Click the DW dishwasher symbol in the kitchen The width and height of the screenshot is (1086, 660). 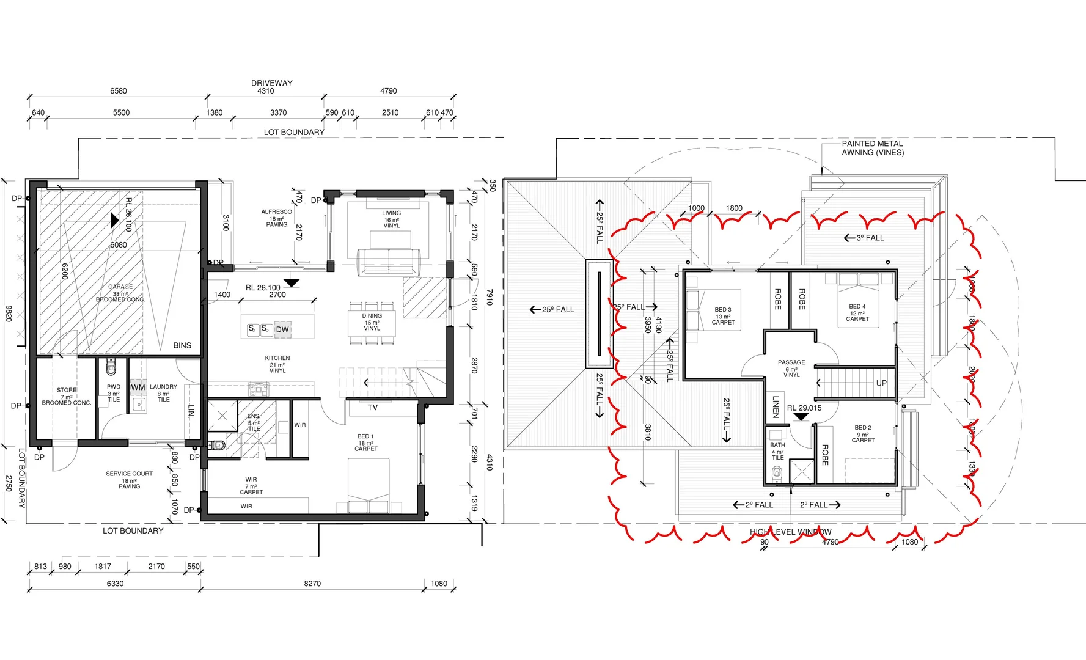coord(282,329)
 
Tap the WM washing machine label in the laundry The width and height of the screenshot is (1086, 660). coord(138,387)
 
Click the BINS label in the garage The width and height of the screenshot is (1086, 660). coord(182,345)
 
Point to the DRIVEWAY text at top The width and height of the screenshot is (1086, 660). coord(271,83)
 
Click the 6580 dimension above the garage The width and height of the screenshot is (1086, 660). coord(119,91)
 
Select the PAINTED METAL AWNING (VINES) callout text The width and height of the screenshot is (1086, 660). coord(872,148)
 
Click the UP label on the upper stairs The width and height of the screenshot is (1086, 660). coord(881,383)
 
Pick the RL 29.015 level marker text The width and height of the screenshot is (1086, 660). coord(804,408)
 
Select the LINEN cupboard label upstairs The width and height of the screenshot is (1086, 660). coord(776,406)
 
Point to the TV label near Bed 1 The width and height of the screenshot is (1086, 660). coord(373,408)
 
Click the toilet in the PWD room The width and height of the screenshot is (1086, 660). coord(111,369)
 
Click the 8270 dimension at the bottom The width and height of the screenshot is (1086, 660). coord(312,584)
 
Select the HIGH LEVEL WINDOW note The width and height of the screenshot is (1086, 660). coord(791,532)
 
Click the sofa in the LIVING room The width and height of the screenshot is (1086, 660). coord(389,262)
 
